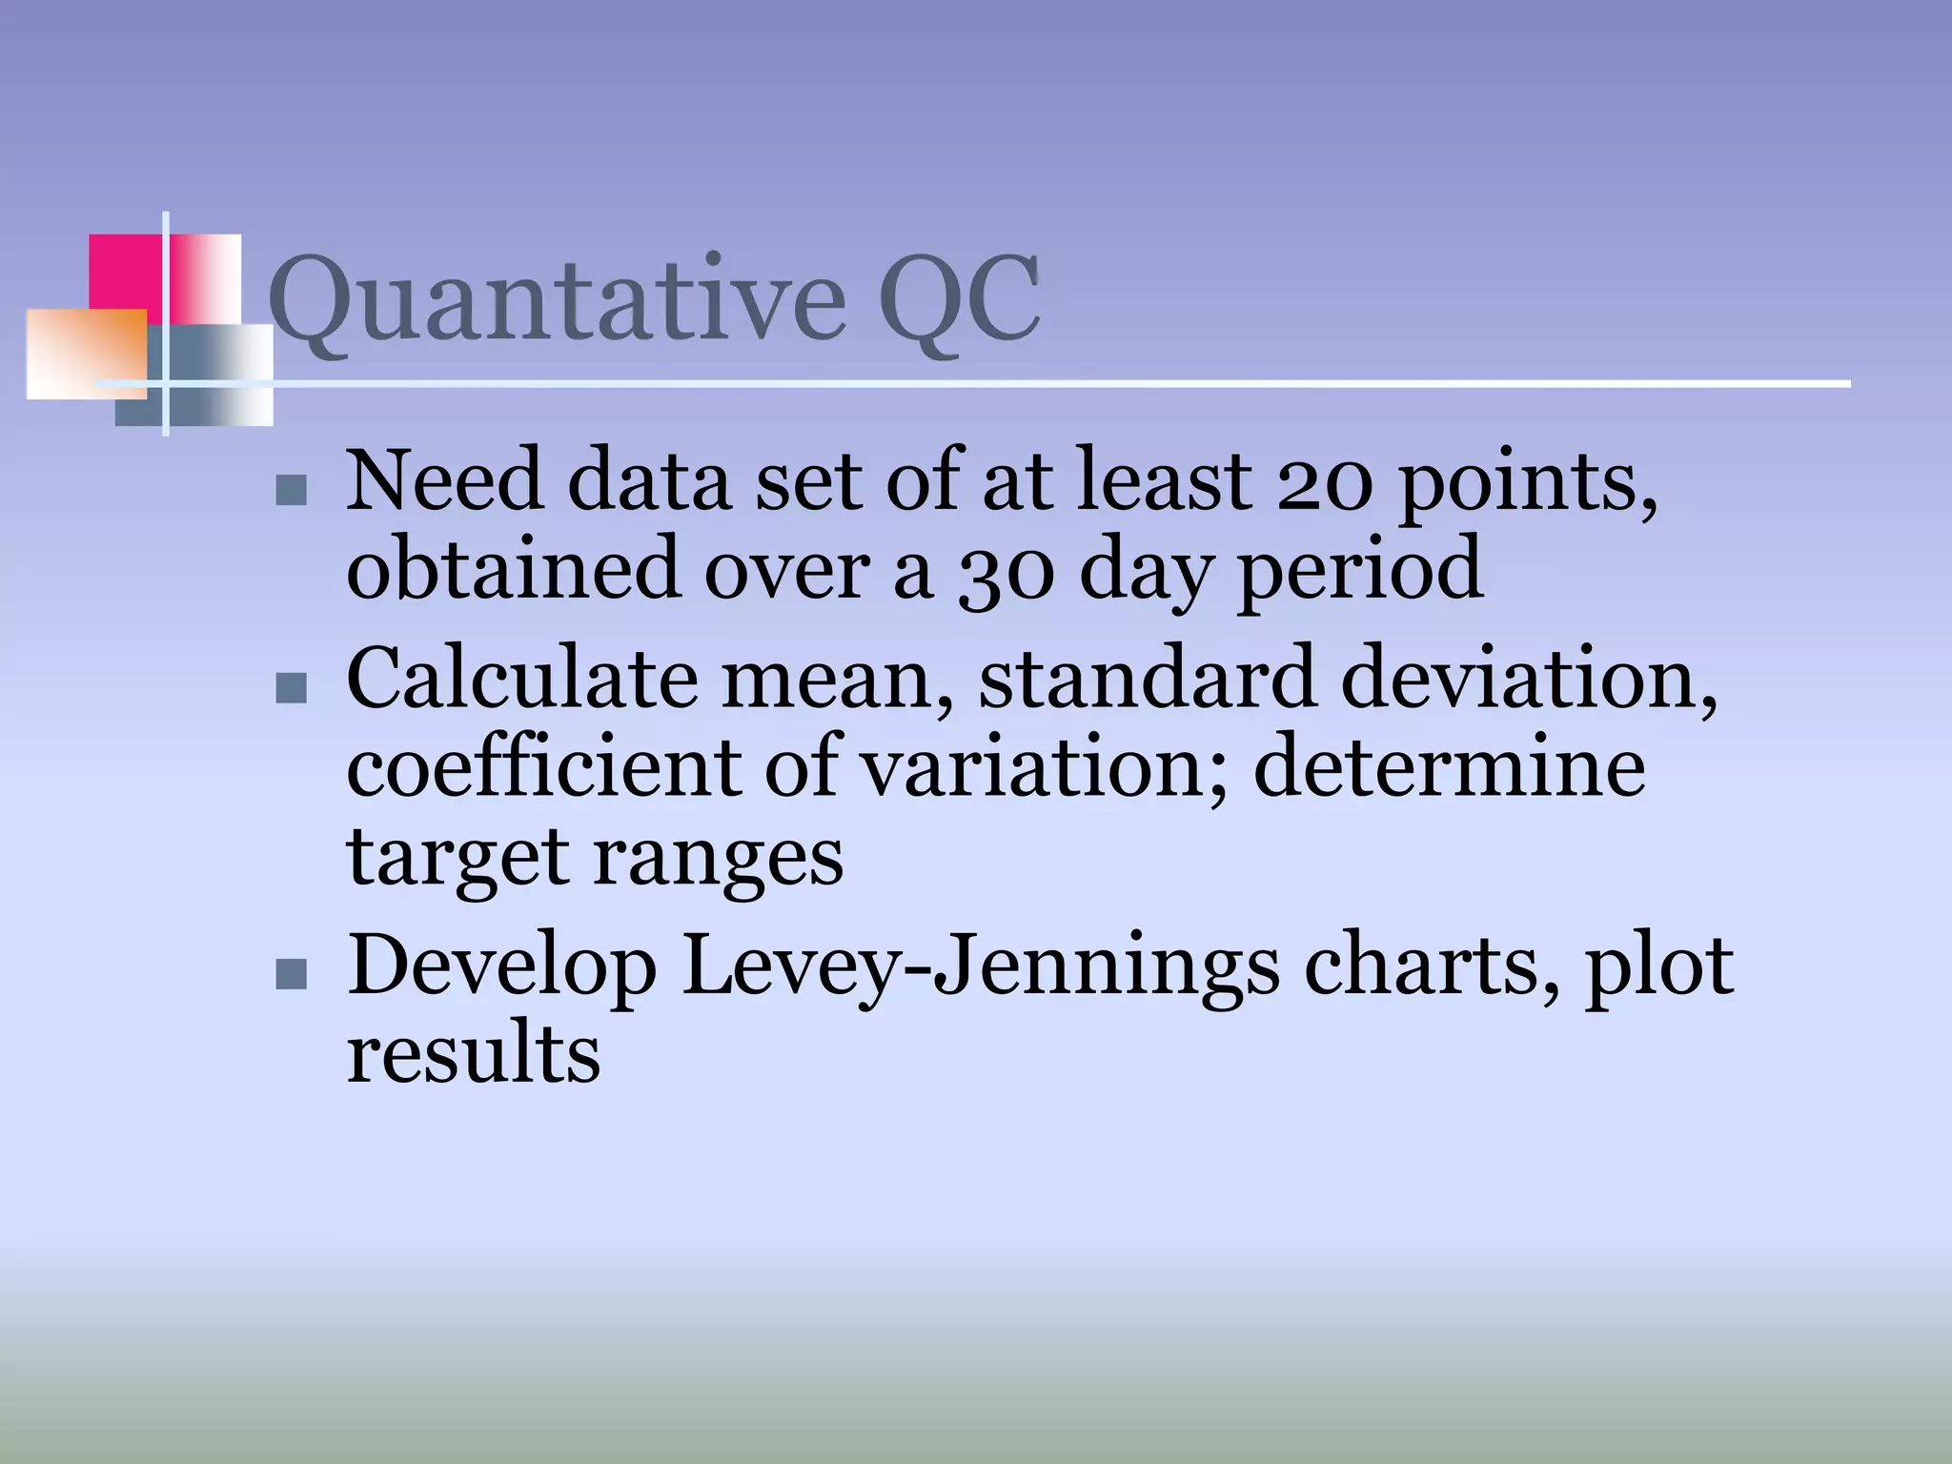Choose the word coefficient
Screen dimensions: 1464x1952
pos(543,767)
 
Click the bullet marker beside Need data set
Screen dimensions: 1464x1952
pos(291,490)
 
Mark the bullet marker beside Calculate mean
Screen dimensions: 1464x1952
pos(291,687)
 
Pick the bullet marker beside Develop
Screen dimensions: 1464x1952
pos(291,973)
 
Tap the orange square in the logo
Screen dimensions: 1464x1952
pos(86,354)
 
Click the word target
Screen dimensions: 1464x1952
pos(457,857)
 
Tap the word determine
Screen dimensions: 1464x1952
pos(1449,767)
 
